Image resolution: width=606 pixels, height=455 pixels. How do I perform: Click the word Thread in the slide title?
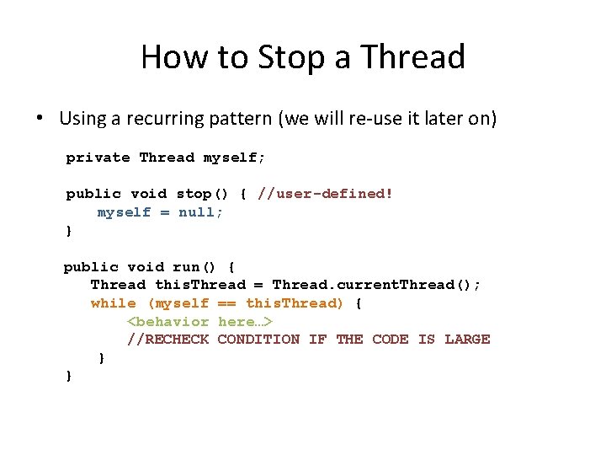[412, 57]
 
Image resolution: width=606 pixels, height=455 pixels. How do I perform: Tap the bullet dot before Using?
[40, 118]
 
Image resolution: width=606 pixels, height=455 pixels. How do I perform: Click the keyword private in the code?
[98, 158]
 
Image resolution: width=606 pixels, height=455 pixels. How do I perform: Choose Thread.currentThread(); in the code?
[376, 285]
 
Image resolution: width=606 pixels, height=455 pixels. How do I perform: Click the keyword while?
[114, 303]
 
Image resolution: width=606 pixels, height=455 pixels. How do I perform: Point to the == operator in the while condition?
[227, 303]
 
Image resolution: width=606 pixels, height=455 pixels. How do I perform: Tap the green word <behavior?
[167, 321]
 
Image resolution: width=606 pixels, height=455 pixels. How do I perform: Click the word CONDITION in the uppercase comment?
[258, 340]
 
